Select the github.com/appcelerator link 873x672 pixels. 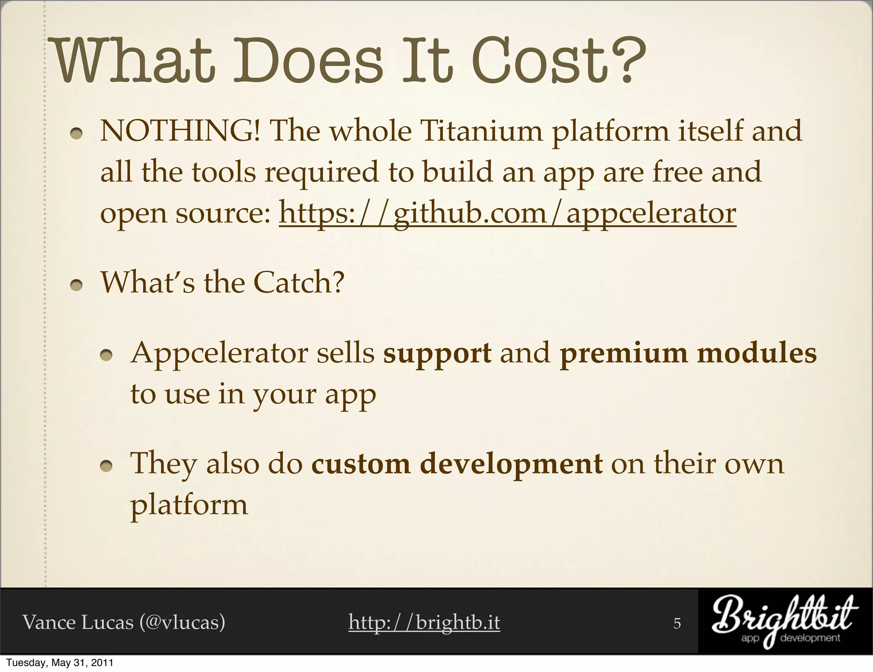point(507,213)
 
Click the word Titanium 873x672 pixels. point(482,131)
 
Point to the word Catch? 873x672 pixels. point(299,283)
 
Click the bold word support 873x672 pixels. point(437,353)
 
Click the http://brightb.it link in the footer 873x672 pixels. point(424,622)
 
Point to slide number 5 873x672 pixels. point(677,623)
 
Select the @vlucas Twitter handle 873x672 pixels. point(182,622)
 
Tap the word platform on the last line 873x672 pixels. point(189,506)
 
